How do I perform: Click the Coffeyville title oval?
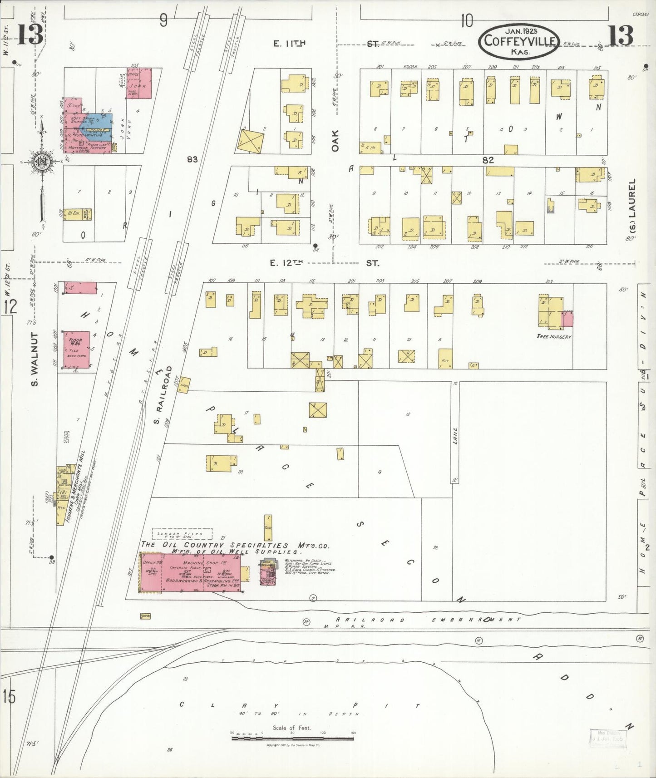coord(519,41)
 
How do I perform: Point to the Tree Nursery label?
coord(553,336)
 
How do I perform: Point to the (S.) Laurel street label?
coord(631,208)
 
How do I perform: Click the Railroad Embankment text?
coord(427,619)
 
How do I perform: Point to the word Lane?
coord(455,435)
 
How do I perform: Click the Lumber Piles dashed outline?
coord(182,534)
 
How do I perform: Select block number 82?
coord(488,160)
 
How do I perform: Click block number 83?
coord(192,159)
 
